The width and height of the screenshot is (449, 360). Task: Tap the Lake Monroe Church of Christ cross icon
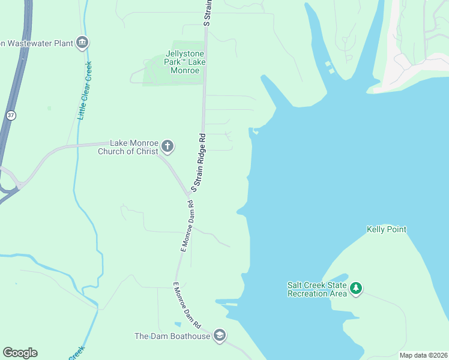point(167,146)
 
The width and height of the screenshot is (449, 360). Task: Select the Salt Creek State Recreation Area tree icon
point(357,289)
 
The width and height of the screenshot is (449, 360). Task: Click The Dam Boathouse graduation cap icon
point(220,335)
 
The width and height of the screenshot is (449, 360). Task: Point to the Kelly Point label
point(387,230)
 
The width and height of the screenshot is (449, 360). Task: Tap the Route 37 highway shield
point(11,115)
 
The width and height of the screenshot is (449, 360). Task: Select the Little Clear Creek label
point(85,90)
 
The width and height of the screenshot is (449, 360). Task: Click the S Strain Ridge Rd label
point(199,163)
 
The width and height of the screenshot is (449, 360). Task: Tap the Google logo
point(20,353)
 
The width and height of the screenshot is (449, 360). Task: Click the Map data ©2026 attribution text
point(423,355)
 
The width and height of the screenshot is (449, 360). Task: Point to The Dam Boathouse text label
point(172,336)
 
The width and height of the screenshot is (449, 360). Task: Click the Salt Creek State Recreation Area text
point(318,289)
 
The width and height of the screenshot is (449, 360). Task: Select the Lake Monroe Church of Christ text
point(128,147)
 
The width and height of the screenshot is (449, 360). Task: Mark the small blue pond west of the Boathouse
point(177,325)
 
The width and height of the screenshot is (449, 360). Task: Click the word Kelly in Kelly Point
point(375,230)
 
